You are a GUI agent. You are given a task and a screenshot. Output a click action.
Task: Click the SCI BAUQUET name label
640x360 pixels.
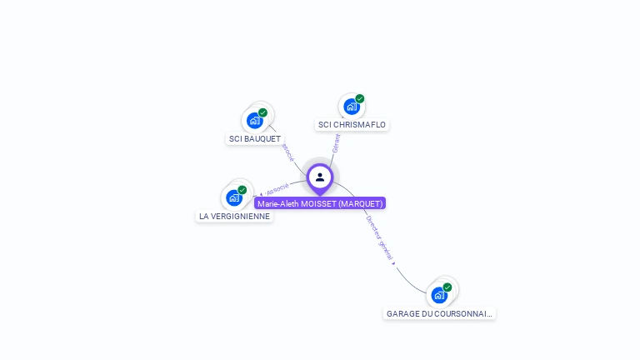(255, 139)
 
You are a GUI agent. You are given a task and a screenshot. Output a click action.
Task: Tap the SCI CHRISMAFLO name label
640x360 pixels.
(352, 125)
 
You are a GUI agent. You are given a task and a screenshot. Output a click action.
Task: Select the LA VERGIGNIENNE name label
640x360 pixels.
(234, 217)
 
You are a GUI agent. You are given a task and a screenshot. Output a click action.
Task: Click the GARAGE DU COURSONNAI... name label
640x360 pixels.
(439, 314)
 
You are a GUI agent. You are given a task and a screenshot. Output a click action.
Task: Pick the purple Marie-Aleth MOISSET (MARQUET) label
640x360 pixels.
(320, 203)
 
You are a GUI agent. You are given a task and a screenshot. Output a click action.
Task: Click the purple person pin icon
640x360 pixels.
(320, 177)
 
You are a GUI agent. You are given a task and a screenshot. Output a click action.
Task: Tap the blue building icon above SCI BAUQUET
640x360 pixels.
(255, 120)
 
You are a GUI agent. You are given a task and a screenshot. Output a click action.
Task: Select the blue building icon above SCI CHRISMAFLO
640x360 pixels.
(351, 107)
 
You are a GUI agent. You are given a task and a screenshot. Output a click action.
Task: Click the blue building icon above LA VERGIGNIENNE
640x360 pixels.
(234, 197)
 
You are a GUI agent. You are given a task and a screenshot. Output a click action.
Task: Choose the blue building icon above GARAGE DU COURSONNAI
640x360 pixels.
(439, 295)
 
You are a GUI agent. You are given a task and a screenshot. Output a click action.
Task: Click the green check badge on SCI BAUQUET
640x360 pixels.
(262, 112)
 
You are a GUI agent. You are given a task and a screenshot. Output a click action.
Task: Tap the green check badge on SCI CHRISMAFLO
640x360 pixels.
(359, 99)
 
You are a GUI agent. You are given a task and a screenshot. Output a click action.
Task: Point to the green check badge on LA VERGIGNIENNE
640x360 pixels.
(242, 190)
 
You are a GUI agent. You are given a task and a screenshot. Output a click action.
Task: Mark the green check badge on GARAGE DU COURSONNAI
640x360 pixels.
(447, 287)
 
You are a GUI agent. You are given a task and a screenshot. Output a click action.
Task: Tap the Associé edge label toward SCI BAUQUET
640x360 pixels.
(287, 152)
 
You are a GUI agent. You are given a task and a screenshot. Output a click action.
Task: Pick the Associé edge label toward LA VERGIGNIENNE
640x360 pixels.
(277, 188)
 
